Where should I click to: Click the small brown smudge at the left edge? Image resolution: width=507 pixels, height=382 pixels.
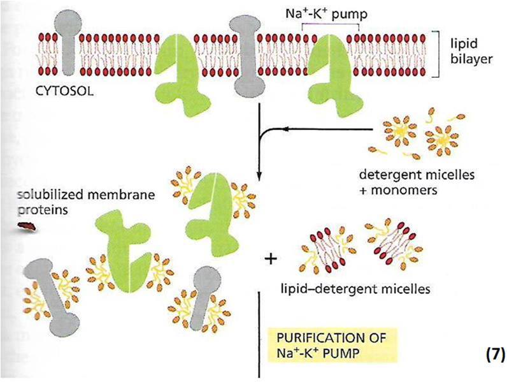(x=26, y=223)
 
